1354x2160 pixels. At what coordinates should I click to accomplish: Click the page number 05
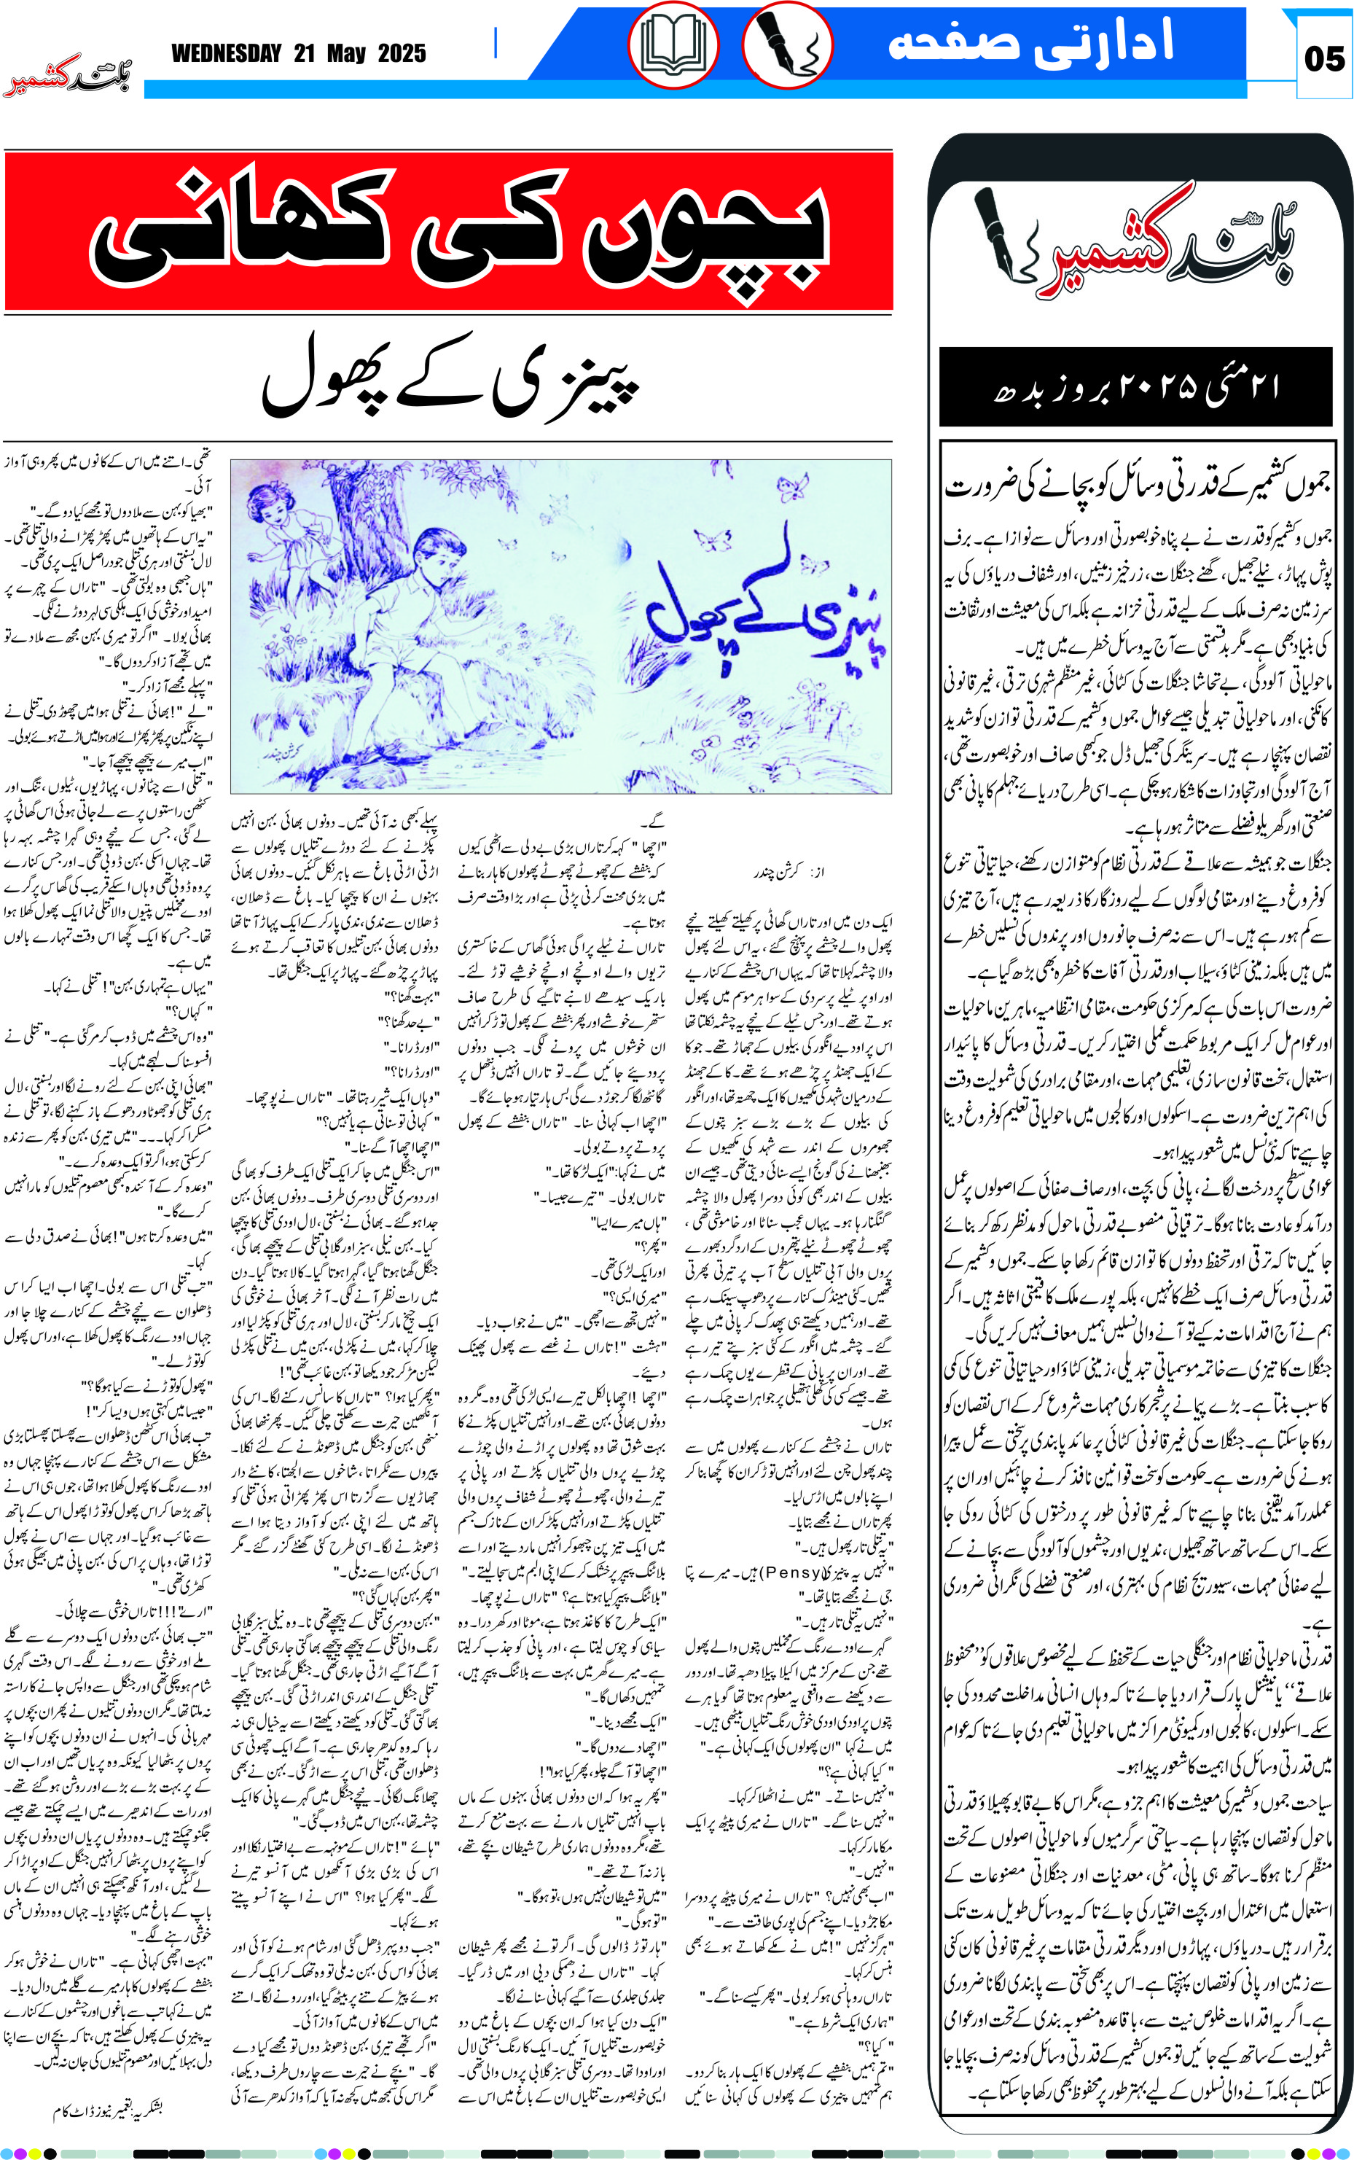[x=1323, y=59]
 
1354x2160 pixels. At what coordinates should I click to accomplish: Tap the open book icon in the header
[x=673, y=44]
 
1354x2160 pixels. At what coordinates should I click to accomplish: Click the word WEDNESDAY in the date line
[x=227, y=54]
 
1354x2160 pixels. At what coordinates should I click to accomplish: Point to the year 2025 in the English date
[x=402, y=54]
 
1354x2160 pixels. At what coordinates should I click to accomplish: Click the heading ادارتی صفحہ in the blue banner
[x=1030, y=43]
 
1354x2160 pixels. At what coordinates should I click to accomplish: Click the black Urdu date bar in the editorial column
[x=1135, y=387]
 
